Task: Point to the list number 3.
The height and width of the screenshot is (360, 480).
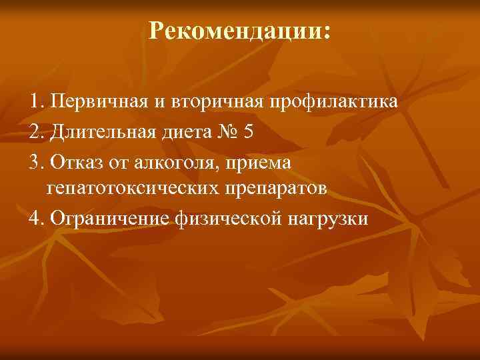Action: click(x=35, y=161)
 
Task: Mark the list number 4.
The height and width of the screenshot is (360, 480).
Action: click(x=35, y=217)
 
